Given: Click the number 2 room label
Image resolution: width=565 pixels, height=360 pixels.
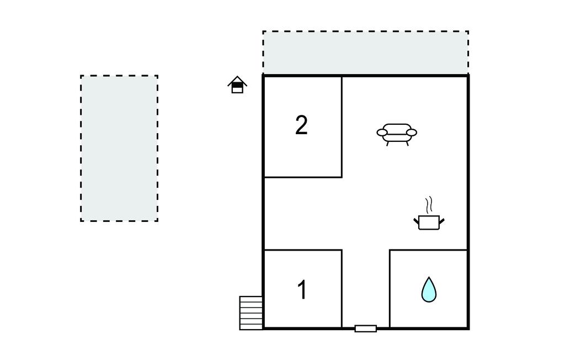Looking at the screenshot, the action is [301, 125].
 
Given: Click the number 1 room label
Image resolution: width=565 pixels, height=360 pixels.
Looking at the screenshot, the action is [302, 290].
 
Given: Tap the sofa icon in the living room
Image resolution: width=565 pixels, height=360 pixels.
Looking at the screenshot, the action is [397, 135].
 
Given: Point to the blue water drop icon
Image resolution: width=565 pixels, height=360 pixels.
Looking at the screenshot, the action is [429, 290].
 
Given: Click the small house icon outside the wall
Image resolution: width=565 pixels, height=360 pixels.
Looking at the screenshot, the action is [237, 84].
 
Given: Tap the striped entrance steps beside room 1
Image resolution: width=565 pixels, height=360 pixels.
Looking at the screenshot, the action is [251, 313].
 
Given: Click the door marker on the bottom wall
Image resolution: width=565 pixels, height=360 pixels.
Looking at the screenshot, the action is [366, 329].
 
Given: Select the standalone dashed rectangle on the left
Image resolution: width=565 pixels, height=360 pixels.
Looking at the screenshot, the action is [119, 149].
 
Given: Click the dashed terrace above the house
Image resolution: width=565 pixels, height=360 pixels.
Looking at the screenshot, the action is [365, 52].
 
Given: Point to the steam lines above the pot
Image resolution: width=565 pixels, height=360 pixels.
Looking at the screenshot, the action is [428, 204].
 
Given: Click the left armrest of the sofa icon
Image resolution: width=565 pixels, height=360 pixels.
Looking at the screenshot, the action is [382, 133].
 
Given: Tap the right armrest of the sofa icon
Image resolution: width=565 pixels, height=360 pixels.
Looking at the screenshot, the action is [411, 133].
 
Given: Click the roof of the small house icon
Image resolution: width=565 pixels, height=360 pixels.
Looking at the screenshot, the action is [237, 80].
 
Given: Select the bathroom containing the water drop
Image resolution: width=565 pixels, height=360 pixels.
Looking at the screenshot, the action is [429, 289].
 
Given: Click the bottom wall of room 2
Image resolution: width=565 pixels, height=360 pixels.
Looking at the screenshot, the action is [303, 177].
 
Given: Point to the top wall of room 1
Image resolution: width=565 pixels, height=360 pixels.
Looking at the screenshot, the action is [303, 250].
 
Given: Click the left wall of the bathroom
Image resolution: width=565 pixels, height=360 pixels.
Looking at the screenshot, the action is [390, 289].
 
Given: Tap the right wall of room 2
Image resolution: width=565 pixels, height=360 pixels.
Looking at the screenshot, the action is [342, 126].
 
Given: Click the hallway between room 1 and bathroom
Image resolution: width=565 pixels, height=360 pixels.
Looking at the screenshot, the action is [366, 289].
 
